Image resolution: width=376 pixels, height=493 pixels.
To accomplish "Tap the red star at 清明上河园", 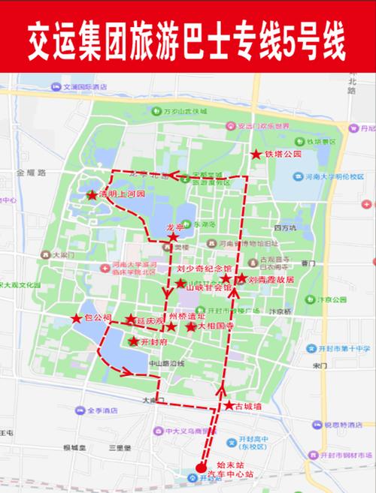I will (x=92, y=195).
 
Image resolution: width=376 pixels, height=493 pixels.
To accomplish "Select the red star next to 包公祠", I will (x=77, y=319).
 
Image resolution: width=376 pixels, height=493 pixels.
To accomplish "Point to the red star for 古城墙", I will (x=229, y=405).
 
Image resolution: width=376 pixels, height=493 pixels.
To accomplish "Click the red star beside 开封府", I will (x=134, y=341).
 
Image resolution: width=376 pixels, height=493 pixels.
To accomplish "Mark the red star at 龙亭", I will (x=173, y=236).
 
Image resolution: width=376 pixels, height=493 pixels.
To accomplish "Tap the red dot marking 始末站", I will (x=201, y=465).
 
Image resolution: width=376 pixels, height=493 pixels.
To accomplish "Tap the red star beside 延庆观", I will (x=131, y=320).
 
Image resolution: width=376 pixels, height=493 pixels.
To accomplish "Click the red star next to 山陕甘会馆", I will (x=180, y=284).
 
